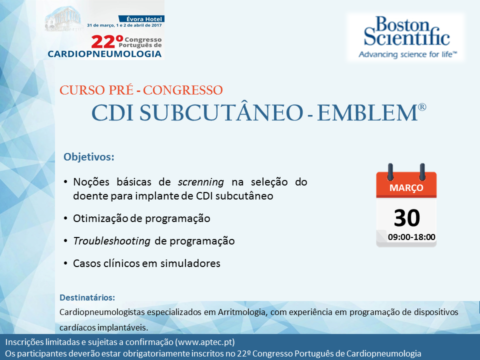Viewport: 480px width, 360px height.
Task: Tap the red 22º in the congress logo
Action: [x=107, y=42]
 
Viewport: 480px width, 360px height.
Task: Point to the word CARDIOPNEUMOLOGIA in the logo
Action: [x=104, y=54]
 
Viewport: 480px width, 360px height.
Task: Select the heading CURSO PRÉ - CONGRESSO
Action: [x=141, y=90]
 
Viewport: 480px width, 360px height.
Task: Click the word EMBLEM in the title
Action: [x=367, y=113]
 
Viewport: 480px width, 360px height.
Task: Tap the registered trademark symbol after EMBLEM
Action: [x=422, y=107]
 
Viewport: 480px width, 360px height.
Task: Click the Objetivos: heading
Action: [x=89, y=156]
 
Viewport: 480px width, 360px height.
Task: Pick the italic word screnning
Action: [x=201, y=182]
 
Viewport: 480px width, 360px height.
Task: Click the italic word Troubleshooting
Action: [x=111, y=241]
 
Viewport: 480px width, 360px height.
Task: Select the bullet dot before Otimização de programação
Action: [x=65, y=218]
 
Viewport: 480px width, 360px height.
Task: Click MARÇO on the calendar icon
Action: [x=406, y=187]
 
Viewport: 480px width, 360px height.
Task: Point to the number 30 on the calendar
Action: [x=407, y=217]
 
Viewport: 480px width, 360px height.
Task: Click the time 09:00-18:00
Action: [x=411, y=237]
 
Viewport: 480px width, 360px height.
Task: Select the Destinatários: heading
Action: [x=87, y=297]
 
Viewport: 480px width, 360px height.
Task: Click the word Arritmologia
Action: [x=241, y=312]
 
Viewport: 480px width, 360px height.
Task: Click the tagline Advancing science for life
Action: [x=408, y=54]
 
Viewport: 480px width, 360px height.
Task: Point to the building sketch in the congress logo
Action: [x=63, y=19]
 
